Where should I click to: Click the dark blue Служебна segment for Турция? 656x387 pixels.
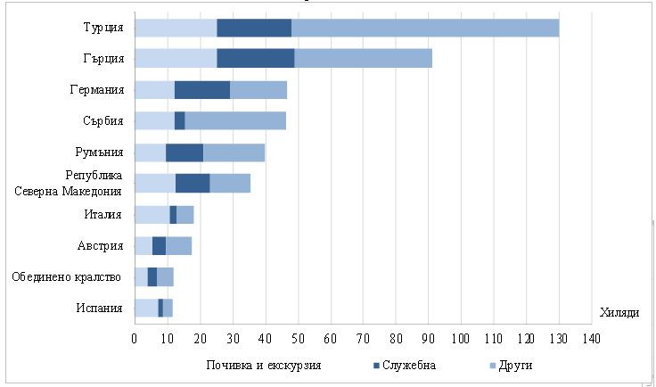coord(254,28)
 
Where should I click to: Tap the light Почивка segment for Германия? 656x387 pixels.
coord(154,89)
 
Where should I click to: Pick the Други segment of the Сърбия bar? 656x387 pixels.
coord(235,120)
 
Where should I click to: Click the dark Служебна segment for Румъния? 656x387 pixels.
coord(184,152)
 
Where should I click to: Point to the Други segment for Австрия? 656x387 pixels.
coord(178,245)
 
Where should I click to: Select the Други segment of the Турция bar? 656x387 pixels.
coord(425,28)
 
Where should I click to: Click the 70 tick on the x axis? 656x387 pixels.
coord(362,339)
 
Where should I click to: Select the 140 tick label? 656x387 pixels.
coord(590,339)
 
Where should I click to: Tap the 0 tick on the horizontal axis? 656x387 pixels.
coord(135,339)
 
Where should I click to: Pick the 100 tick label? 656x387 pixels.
coord(460,339)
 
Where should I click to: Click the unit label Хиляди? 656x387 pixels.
coord(619,312)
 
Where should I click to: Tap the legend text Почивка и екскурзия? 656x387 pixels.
coord(264,366)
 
